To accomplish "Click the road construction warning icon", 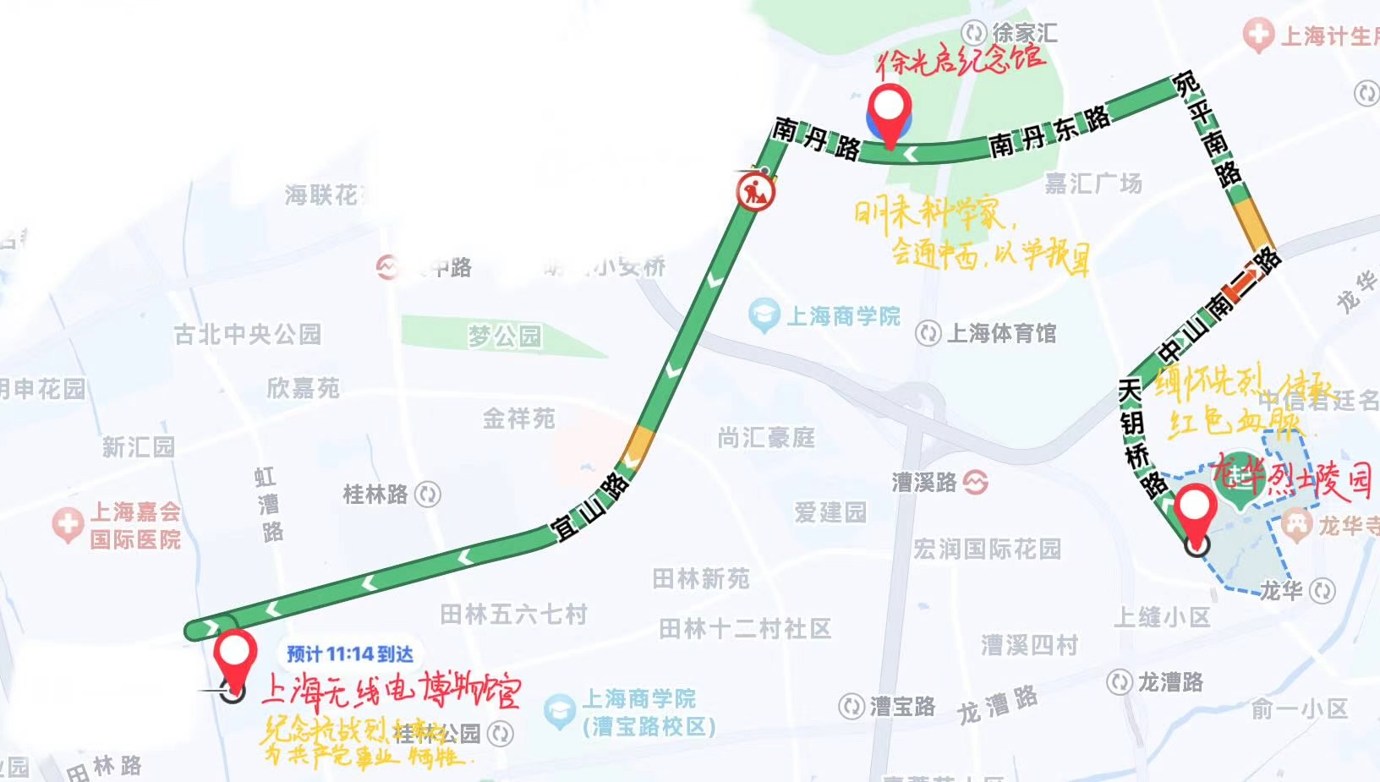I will (755, 192).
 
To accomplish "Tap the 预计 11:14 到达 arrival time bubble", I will (349, 653).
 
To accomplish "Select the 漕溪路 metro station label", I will (924, 482).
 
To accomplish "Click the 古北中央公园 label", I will (248, 335).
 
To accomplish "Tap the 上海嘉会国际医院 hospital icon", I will (68, 524).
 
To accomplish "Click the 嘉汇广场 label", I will (1093, 183).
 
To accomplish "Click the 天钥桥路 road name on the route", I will (1136, 436).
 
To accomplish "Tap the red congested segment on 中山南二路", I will (1243, 286).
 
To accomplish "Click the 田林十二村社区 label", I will (745, 629).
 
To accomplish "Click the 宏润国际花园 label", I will (987, 549).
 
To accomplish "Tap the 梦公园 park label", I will (505, 336).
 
